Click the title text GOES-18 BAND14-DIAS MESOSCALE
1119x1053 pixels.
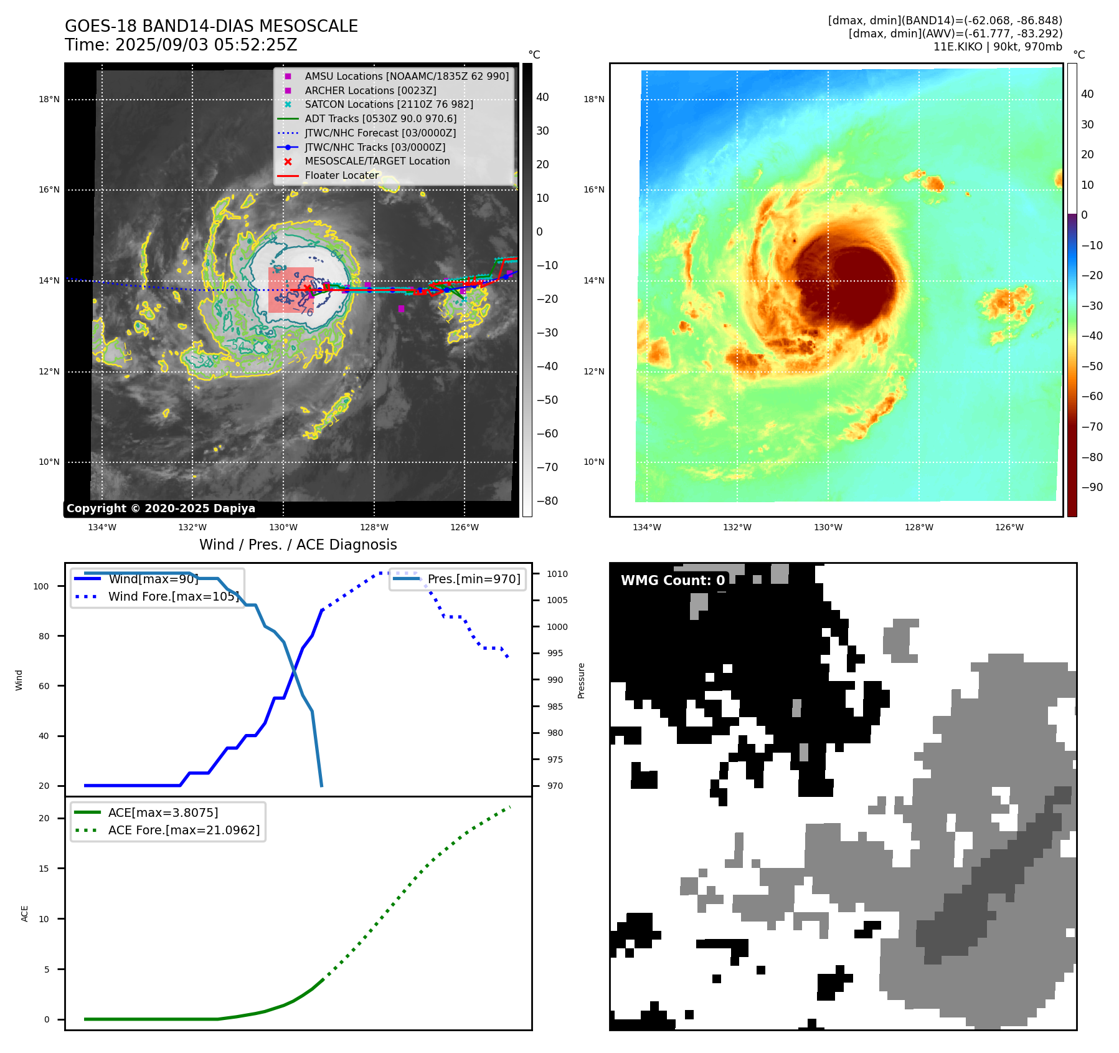coord(211,26)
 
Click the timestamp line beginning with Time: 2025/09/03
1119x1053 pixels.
coord(181,45)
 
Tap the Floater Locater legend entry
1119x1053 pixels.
coord(341,175)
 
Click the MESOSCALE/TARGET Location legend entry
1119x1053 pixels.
coord(377,161)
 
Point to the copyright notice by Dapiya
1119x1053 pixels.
coord(161,508)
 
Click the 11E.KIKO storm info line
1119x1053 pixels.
coord(997,47)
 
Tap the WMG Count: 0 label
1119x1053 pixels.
coord(673,581)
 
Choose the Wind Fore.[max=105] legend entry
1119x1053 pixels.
coord(173,596)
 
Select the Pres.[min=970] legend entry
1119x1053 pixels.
coord(473,579)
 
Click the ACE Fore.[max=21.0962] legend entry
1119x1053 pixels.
coord(184,830)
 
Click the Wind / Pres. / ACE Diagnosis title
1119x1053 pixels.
coord(298,545)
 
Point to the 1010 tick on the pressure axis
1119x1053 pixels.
coord(557,574)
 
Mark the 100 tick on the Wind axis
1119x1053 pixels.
coord(41,586)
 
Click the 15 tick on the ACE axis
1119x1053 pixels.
coord(44,869)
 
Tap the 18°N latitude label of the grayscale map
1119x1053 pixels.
coord(49,99)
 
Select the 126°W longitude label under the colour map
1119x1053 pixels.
coord(1009,527)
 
